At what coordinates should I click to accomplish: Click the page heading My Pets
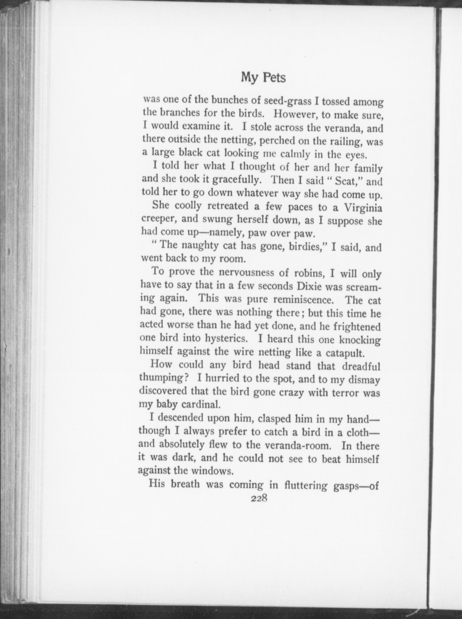pyautogui.click(x=263, y=78)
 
